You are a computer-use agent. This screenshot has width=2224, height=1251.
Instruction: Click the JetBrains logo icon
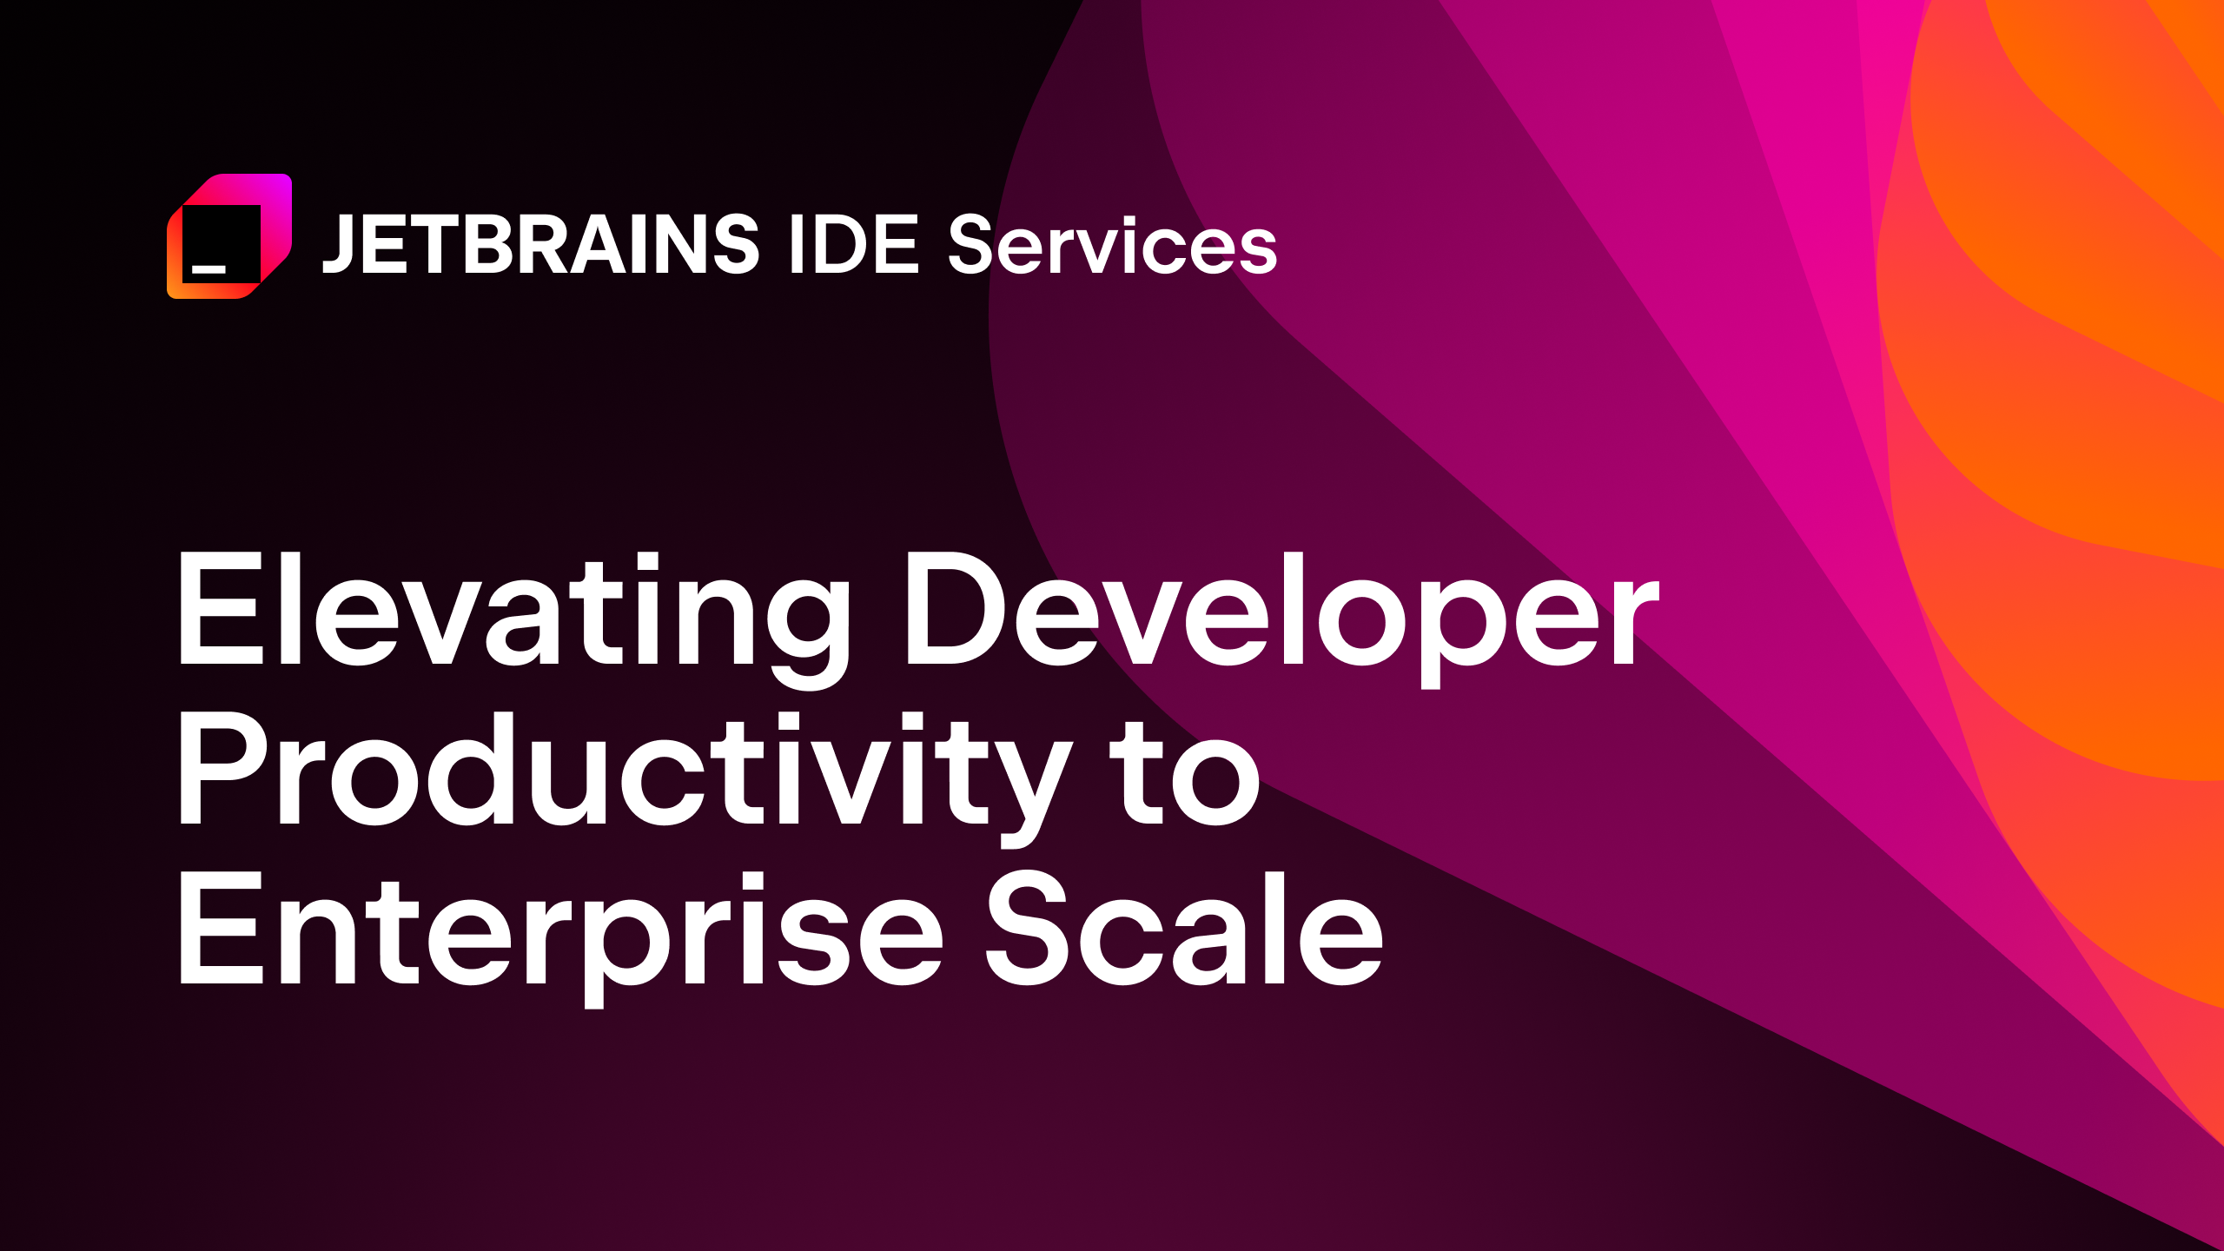[x=229, y=236]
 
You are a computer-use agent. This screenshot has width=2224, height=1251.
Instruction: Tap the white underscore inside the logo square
[x=208, y=269]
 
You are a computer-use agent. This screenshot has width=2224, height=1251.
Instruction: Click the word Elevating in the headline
[x=513, y=612]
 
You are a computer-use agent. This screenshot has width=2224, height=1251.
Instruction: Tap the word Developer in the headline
[x=1281, y=612]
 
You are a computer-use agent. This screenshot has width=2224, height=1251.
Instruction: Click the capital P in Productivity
[x=222, y=769]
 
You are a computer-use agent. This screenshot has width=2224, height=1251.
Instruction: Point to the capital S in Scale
[x=1029, y=930]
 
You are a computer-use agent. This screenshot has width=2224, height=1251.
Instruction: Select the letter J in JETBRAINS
[x=339, y=245]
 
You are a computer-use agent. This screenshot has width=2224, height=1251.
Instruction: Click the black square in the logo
[x=222, y=243]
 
